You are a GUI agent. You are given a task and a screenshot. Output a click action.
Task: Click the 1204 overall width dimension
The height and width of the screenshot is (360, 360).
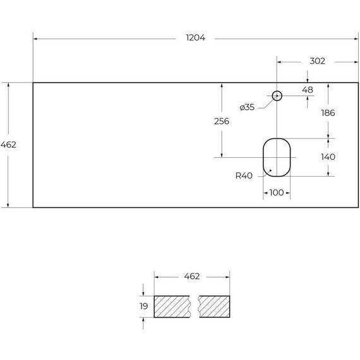point(195,38)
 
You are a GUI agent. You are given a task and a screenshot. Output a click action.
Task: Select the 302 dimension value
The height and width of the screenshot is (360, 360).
point(317,61)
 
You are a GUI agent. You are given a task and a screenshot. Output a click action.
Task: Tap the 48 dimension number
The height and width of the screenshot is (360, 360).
point(308,90)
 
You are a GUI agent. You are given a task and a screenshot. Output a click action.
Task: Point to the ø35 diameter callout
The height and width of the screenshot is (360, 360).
point(247,107)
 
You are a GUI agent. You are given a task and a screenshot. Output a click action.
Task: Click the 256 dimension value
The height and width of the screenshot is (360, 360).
point(222,121)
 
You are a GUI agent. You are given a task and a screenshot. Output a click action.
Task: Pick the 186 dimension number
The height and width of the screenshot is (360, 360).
point(328,113)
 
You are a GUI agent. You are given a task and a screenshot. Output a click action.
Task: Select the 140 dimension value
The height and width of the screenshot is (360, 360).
point(328,157)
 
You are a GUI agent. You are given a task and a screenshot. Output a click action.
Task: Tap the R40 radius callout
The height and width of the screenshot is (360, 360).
point(244,176)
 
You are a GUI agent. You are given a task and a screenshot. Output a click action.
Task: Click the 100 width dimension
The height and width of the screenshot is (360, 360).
point(277,193)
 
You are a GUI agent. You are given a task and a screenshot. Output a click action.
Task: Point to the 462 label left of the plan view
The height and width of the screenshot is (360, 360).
point(8,145)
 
